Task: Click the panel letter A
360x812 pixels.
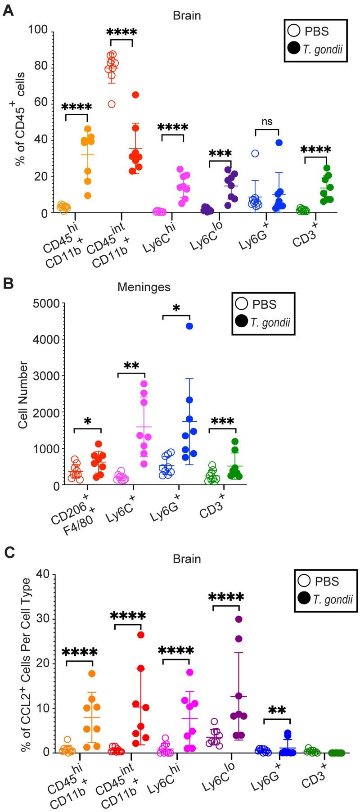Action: (8, 10)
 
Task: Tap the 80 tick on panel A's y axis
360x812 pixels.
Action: (40, 68)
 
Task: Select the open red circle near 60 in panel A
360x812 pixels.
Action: (112, 104)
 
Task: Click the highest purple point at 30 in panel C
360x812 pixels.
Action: (238, 619)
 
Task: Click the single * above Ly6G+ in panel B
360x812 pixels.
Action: (176, 308)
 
